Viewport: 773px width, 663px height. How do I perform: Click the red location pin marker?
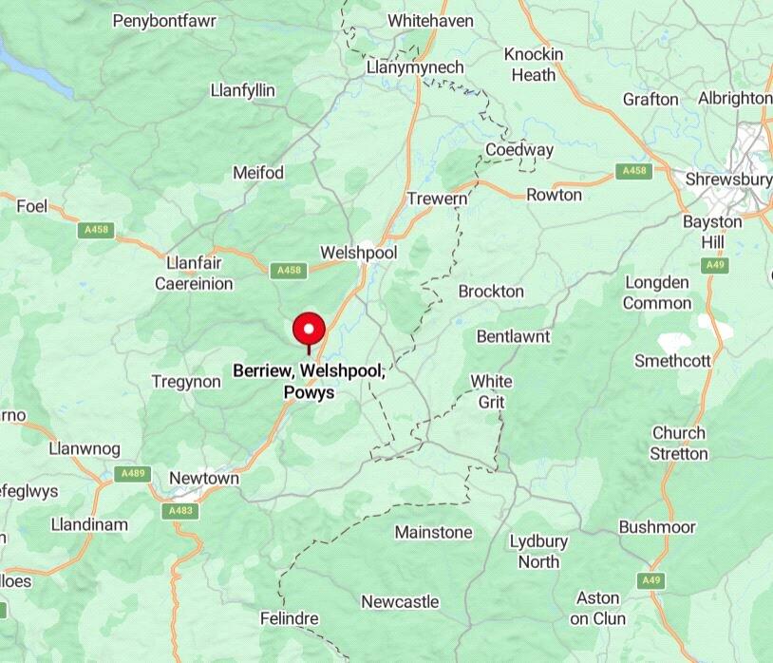(309, 331)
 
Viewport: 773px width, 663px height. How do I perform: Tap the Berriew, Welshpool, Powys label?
(309, 381)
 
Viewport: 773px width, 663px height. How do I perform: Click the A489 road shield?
(132, 473)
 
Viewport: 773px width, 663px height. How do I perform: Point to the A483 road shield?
(180, 511)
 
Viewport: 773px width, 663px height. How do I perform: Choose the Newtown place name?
(203, 478)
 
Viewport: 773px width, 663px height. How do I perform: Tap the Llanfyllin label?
(242, 90)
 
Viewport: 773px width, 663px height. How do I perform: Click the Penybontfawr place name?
(164, 20)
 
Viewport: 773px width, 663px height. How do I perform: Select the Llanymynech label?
(415, 67)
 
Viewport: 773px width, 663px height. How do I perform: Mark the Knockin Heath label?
(533, 64)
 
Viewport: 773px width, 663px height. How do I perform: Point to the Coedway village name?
(518, 150)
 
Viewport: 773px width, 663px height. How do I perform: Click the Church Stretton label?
(678, 443)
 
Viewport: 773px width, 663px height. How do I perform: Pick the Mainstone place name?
(433, 532)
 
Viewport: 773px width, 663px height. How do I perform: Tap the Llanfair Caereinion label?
(194, 273)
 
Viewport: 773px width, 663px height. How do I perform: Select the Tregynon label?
(186, 381)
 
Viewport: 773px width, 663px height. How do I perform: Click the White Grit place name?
(491, 391)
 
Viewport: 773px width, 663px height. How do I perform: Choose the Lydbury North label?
(538, 551)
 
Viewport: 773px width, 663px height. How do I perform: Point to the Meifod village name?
(257, 173)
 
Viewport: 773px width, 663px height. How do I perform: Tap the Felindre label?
(290, 618)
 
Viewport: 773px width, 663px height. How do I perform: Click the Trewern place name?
(437, 199)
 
